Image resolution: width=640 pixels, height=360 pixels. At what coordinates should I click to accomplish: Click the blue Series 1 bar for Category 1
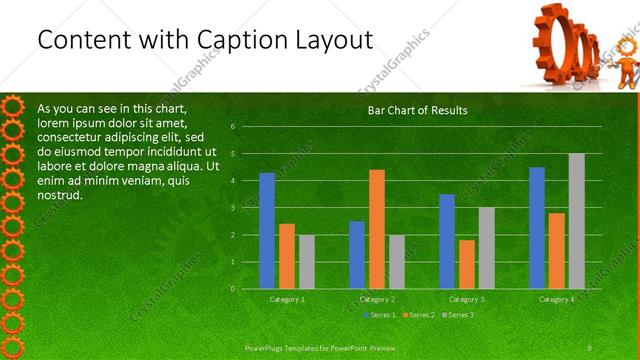(267, 231)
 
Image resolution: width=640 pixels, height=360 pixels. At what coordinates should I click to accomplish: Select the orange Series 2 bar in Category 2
(376, 229)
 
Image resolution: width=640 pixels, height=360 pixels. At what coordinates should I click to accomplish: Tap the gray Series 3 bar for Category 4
(576, 221)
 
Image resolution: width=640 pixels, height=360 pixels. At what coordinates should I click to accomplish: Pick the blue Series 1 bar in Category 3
(447, 241)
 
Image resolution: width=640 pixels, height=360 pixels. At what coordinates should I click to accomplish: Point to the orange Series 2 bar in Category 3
(466, 264)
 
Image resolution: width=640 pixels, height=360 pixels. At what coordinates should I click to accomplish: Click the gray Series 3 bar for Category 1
(306, 262)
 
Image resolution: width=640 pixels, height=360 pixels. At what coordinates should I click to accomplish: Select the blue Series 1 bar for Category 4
(537, 228)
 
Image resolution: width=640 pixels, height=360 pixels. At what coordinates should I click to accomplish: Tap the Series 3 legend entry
(459, 315)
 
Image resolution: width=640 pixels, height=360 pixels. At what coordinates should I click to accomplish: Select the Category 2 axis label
(377, 299)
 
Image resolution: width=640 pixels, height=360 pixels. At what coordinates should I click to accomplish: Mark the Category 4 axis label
(557, 299)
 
